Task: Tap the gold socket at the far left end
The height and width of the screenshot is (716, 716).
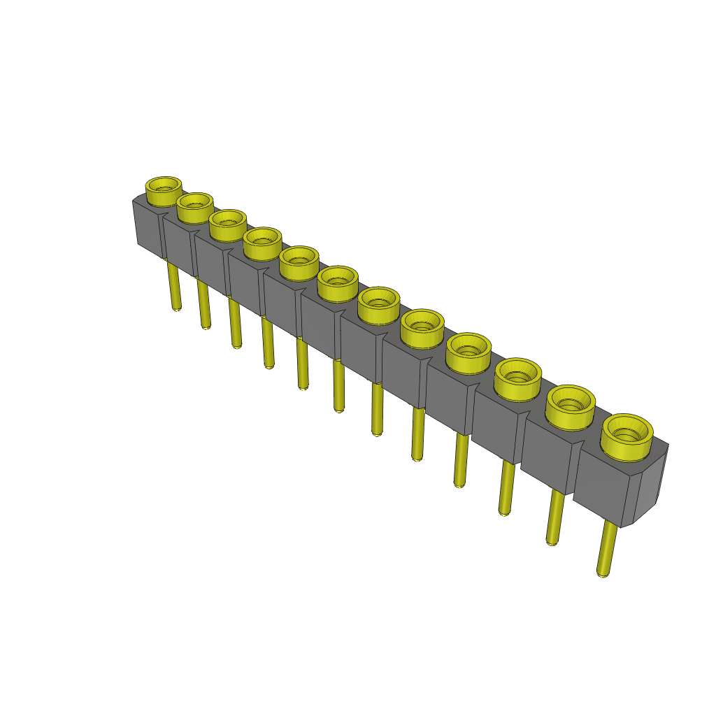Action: click(164, 190)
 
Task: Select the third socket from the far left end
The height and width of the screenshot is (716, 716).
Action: click(228, 225)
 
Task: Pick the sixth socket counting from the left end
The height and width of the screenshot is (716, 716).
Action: click(338, 283)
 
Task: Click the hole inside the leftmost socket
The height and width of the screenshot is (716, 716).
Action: click(164, 186)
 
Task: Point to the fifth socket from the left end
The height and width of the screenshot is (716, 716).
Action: click(299, 263)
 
